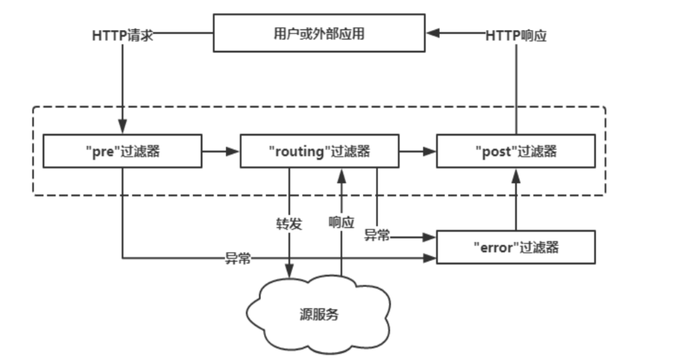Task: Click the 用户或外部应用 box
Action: pyautogui.click(x=319, y=33)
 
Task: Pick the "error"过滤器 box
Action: pyautogui.click(x=515, y=247)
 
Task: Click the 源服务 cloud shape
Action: pyautogui.click(x=319, y=314)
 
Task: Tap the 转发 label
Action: pyautogui.click(x=290, y=223)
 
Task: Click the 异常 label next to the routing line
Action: pyautogui.click(x=377, y=235)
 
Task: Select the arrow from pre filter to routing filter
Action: pyautogui.click(x=220, y=152)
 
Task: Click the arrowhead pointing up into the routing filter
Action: pyautogui.click(x=341, y=173)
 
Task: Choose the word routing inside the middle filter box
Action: pyautogui.click(x=298, y=152)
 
